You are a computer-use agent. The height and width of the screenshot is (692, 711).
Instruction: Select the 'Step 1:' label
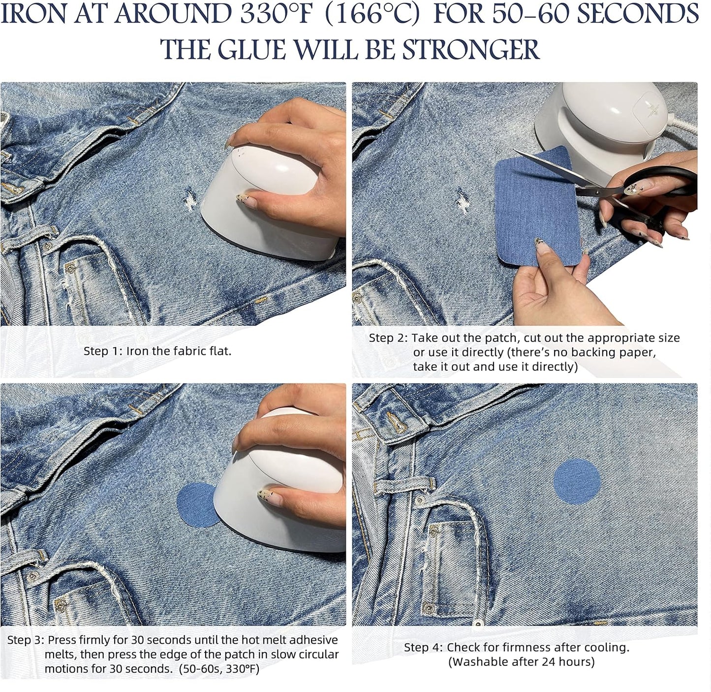click(x=103, y=351)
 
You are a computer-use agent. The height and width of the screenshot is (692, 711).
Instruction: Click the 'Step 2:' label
click(x=388, y=338)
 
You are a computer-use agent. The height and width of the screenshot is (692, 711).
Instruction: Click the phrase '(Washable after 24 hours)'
click(x=521, y=661)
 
